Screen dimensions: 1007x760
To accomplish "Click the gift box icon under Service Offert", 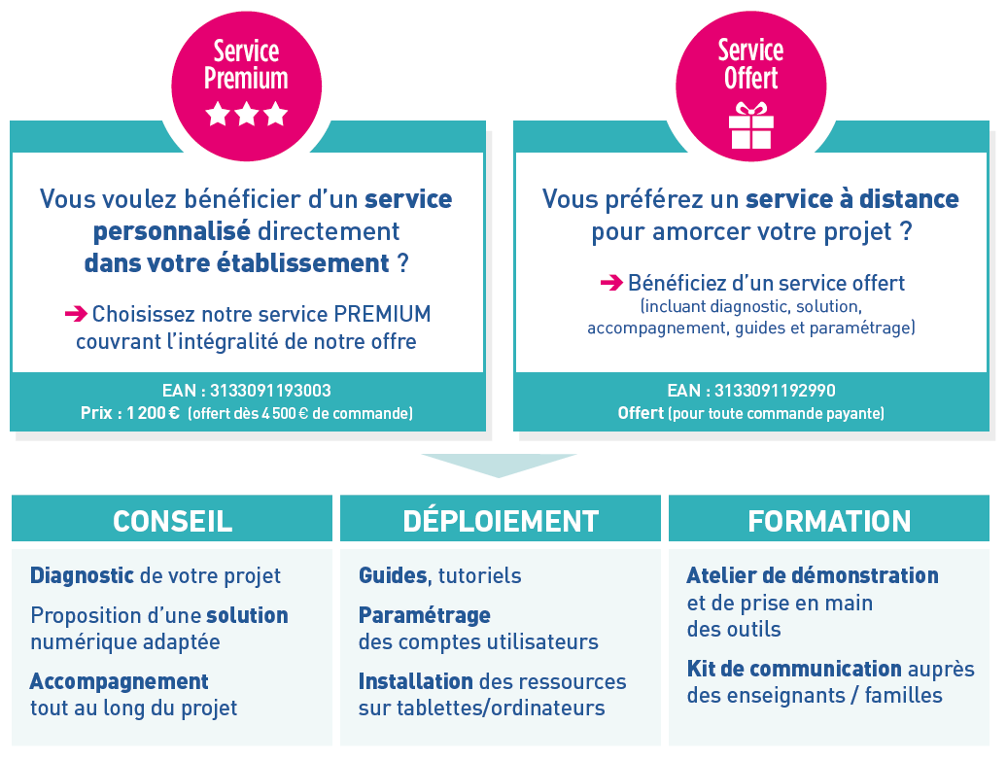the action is click(x=750, y=125).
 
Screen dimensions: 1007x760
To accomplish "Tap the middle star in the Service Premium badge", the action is click(x=247, y=114).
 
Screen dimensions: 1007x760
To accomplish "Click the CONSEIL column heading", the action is click(x=172, y=521).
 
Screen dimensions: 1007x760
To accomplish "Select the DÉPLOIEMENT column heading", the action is click(x=501, y=521).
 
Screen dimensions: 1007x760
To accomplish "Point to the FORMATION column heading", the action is click(x=829, y=521).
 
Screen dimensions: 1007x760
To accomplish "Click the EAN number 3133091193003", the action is click(x=270, y=391).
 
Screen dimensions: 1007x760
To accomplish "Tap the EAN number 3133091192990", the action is click(x=775, y=391).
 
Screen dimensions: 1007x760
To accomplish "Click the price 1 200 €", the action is click(x=153, y=413).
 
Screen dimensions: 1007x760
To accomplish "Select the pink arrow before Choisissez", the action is click(x=76, y=313).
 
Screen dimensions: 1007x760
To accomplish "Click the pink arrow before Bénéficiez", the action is click(x=611, y=283).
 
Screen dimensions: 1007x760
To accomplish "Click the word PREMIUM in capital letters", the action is click(x=382, y=314).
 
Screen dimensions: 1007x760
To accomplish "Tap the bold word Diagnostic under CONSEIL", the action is click(x=83, y=575).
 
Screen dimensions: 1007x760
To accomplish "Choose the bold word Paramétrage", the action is click(x=425, y=615).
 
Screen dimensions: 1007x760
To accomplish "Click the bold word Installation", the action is click(x=415, y=681).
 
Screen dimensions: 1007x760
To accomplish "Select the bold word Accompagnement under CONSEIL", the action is click(x=120, y=681).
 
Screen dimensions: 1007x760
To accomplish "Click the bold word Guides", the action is click(x=393, y=575).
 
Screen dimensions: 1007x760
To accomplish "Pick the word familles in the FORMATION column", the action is click(x=904, y=695).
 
